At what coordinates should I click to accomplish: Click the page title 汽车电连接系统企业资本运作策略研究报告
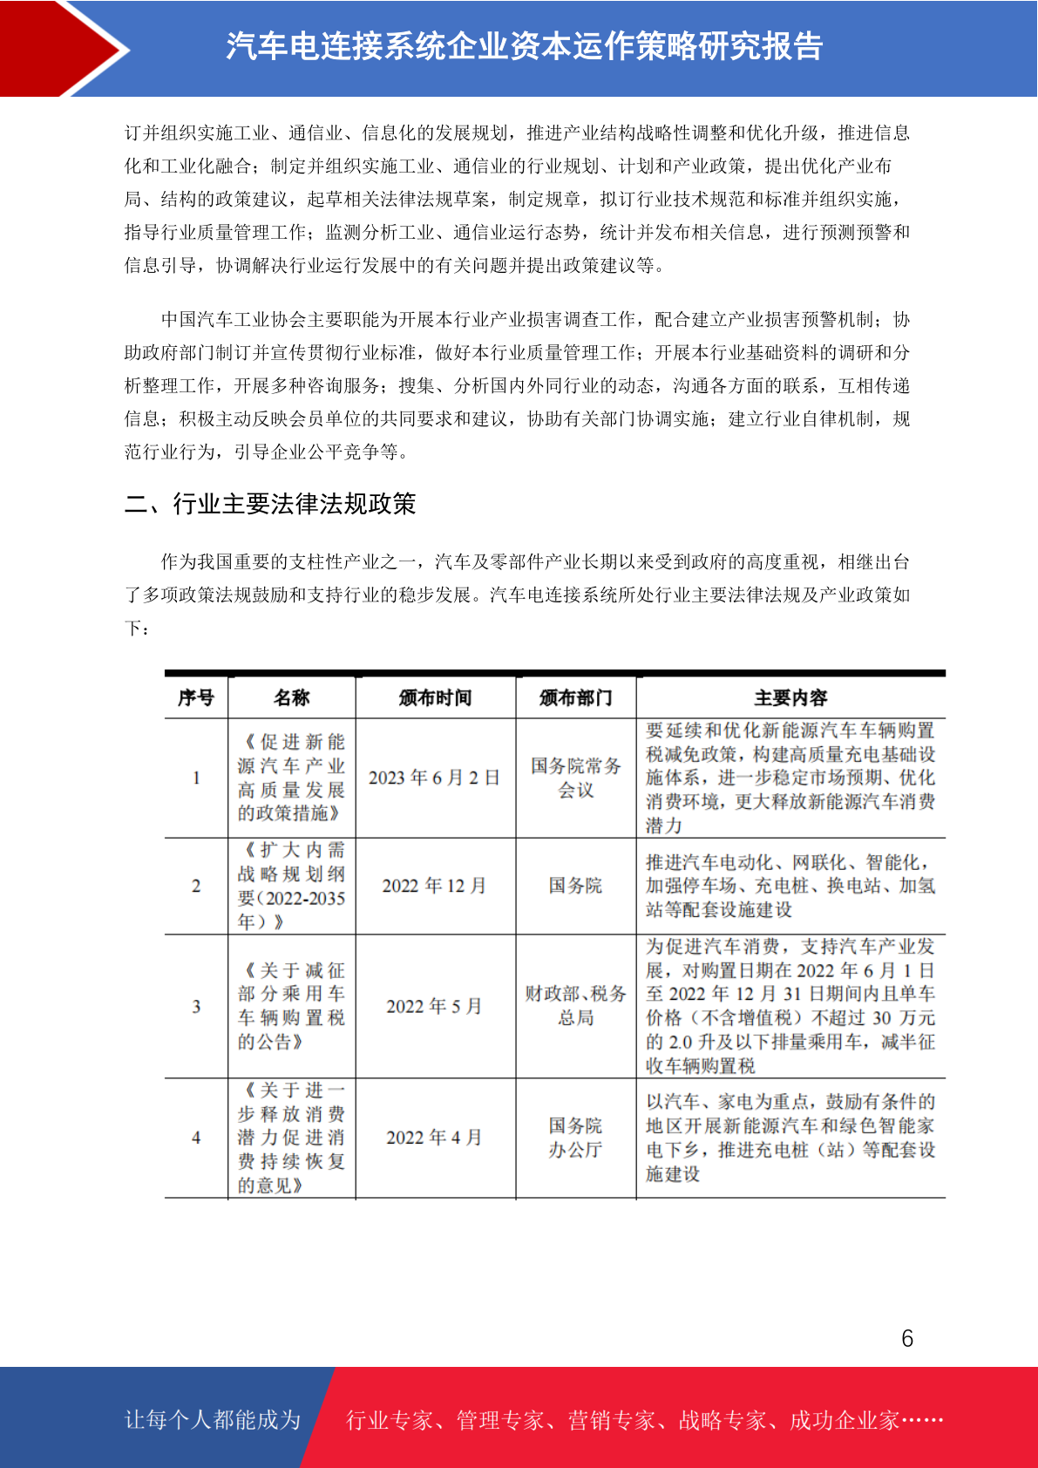(524, 47)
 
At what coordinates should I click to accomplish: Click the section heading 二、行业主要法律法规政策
(270, 504)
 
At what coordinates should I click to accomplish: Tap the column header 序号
(196, 697)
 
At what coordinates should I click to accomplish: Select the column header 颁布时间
(435, 697)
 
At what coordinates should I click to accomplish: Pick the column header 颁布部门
(575, 697)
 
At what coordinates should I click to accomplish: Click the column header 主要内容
(790, 697)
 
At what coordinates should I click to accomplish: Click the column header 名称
(291, 697)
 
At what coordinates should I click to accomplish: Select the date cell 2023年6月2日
(434, 778)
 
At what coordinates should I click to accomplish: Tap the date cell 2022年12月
(434, 886)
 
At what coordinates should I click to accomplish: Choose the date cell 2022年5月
(434, 1006)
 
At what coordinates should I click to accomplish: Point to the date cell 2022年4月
(434, 1138)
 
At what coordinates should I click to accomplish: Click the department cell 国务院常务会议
(575, 778)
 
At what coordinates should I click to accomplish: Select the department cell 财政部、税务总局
(575, 1006)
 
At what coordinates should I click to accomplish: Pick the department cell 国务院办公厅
(575, 1138)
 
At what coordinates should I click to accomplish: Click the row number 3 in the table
(196, 1006)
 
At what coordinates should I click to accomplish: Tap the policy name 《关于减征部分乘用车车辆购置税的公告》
(291, 1006)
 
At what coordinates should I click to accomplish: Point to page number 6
(907, 1339)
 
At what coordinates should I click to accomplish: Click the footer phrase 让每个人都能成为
(213, 1420)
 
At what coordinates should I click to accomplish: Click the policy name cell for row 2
(291, 886)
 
